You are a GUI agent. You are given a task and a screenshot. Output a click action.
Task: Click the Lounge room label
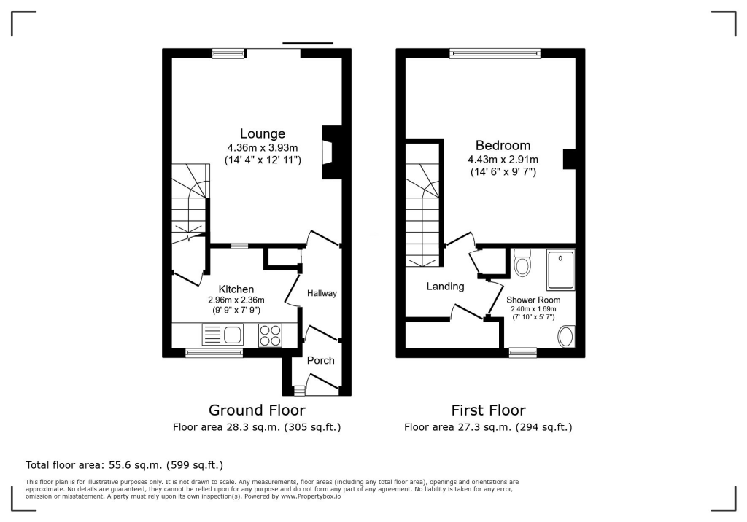263,134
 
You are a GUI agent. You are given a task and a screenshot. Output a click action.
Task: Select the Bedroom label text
503,146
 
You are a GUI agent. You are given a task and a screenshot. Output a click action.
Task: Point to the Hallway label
322,294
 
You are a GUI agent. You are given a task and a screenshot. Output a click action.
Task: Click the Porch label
320,360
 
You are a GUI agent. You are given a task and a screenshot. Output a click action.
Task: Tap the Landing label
445,287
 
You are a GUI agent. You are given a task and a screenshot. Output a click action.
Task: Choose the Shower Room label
533,300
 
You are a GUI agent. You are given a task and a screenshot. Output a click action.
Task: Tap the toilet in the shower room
522,263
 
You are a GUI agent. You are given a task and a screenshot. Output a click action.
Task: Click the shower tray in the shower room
561,270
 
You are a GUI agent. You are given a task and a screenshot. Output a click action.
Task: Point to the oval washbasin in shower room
566,337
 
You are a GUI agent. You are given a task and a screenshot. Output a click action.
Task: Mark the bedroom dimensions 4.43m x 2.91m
503,160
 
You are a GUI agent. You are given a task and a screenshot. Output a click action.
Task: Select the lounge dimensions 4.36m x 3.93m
263,148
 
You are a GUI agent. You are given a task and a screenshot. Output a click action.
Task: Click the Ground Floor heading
257,410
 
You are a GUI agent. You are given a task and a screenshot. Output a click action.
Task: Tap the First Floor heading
488,410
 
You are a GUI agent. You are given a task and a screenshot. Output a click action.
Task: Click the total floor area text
124,464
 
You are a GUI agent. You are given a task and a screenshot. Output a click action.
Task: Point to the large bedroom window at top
495,52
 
